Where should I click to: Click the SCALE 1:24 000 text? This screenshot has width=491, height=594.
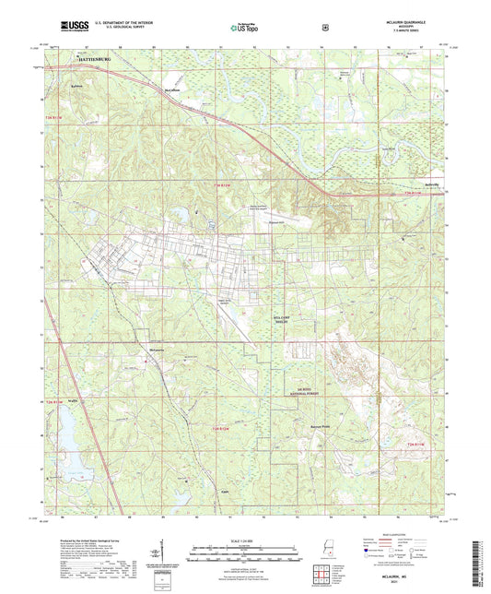[x=244, y=541]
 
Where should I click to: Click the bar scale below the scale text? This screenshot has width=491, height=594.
[x=244, y=551]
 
